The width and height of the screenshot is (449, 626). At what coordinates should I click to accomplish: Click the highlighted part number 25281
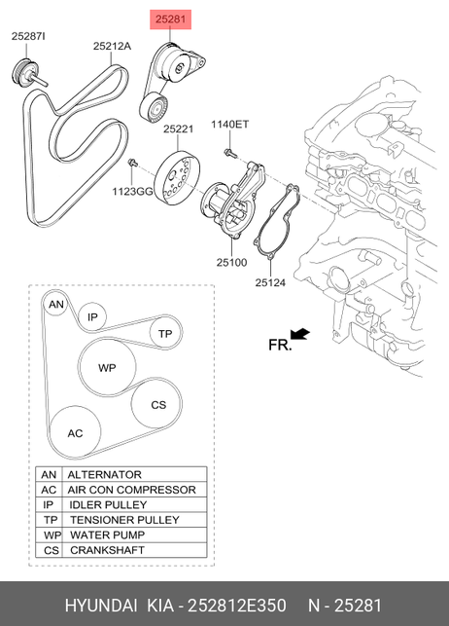170,19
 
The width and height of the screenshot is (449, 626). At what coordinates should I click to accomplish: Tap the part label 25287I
28,36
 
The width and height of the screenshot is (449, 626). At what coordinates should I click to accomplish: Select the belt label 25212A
112,47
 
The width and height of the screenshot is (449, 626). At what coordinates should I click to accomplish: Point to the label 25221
179,129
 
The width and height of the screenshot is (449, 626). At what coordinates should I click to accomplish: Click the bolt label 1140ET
230,125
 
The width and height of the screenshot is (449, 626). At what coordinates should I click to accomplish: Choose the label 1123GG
132,192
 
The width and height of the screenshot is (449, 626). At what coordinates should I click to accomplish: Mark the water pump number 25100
232,262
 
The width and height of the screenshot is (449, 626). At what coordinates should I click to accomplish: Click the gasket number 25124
270,282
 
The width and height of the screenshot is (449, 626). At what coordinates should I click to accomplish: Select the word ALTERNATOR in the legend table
104,475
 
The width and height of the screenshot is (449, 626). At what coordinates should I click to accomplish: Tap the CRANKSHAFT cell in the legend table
107,550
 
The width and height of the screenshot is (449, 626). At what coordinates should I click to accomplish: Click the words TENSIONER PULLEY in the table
124,520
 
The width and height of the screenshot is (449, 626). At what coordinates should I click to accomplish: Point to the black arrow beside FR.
299,334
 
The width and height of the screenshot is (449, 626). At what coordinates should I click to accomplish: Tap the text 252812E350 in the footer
237,606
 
